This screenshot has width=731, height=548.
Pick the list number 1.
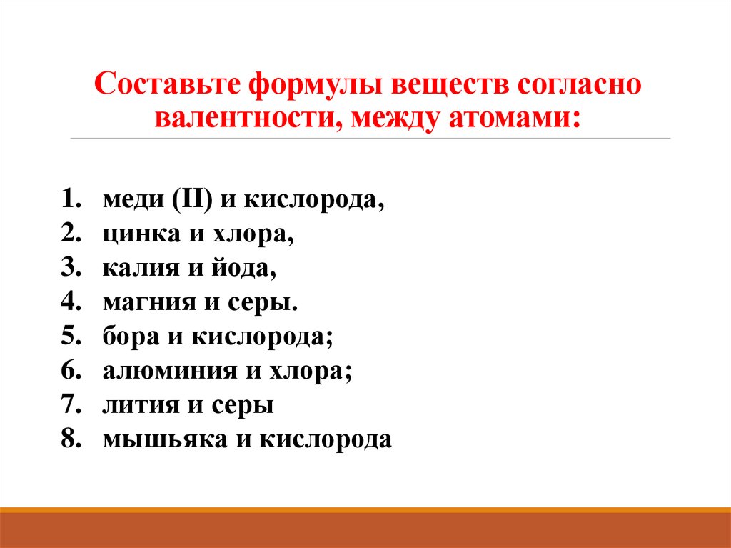(69, 200)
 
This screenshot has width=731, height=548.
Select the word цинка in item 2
(136, 234)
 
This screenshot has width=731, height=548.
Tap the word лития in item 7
(134, 405)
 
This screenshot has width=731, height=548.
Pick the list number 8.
(69, 439)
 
